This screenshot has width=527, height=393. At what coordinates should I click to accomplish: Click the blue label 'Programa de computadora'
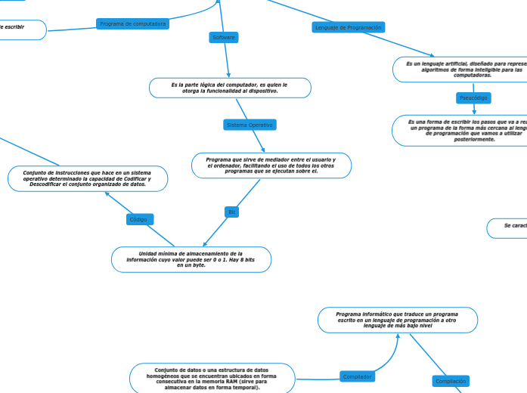pos(132,23)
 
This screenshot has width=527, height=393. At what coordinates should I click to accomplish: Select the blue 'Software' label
pos(224,37)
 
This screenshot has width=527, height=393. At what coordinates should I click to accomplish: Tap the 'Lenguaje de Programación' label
pos(348,27)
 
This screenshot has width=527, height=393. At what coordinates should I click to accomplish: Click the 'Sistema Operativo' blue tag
pos(250,125)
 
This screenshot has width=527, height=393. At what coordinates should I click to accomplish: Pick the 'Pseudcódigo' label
pos(474,98)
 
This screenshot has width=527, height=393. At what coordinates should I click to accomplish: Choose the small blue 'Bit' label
pos(232,212)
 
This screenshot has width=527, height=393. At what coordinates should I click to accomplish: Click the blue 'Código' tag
pos(139,219)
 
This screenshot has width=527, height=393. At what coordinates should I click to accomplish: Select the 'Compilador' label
pos(358,376)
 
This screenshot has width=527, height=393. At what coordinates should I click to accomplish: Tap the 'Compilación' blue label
pos(451,381)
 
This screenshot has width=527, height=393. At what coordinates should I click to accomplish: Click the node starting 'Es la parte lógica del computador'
pos(230,88)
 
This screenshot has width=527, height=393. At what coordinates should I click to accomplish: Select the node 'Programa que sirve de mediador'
pos(271,166)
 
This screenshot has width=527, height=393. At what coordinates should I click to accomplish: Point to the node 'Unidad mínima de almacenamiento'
pos(191,259)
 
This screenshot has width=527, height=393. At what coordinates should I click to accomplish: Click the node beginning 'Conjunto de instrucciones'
pos(88,178)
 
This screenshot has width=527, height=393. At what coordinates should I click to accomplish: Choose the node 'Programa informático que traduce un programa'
pos(397,320)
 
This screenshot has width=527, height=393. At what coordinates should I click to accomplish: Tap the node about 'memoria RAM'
pos(211,379)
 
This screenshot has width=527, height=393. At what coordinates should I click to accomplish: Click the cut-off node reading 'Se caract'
pos(514,226)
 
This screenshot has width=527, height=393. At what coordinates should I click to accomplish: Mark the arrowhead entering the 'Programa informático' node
pos(398,336)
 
